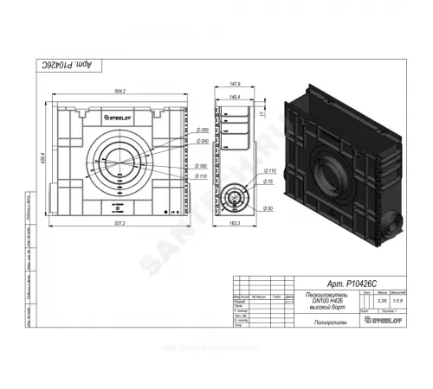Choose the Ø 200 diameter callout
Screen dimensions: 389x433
[x=204, y=141]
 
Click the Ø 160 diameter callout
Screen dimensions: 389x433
[x=204, y=166]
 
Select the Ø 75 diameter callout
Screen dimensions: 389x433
[x=269, y=183]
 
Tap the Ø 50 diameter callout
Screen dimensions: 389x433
[x=269, y=208]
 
